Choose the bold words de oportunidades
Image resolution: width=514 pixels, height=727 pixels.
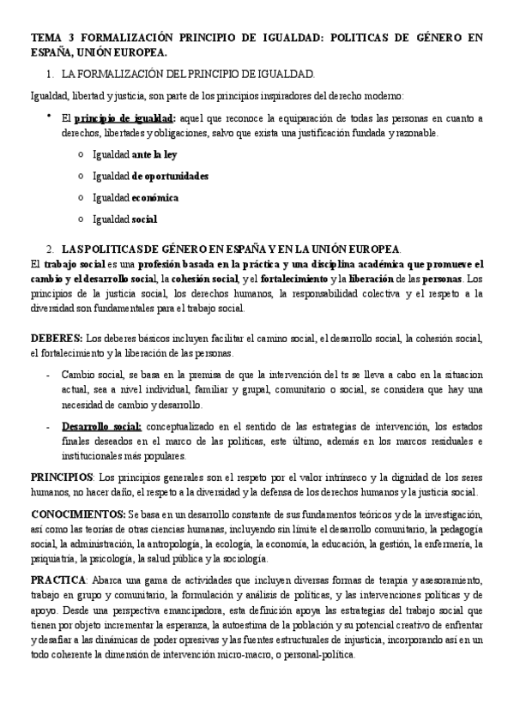coord(171,177)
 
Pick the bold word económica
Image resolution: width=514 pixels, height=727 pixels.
coord(155,198)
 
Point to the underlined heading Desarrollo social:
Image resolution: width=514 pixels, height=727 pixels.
coord(101,426)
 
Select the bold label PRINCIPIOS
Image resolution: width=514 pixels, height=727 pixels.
coord(62,477)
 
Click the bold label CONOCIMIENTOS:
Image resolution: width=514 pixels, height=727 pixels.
coord(77,514)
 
